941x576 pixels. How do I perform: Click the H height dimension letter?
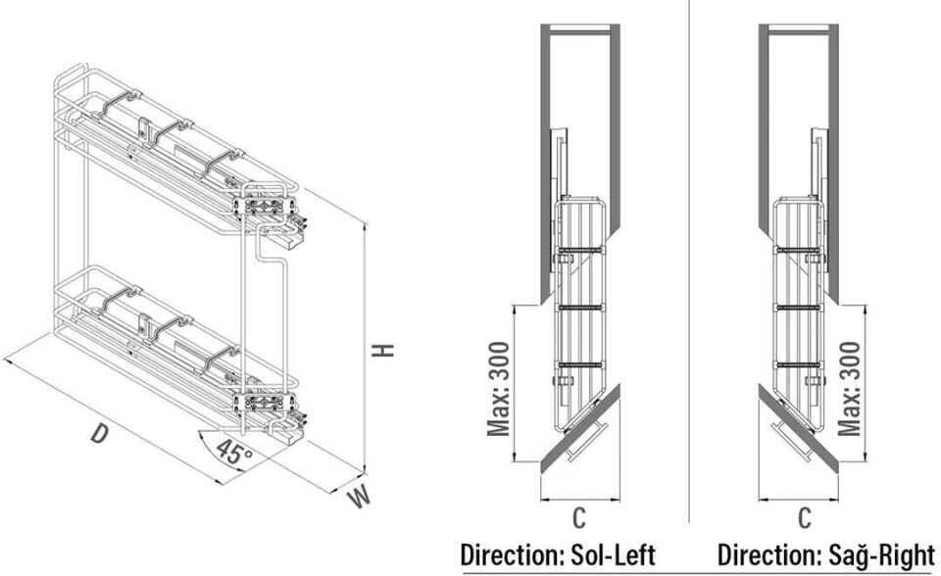pos(382,350)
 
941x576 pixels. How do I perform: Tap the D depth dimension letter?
pos(100,433)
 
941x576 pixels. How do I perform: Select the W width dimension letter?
pos(359,497)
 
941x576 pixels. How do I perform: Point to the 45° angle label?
pos(233,452)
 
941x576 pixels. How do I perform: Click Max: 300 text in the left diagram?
pos(498,389)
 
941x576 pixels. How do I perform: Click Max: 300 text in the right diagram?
pos(849,389)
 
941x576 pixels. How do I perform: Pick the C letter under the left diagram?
pos(578,518)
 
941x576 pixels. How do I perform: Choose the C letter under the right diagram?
pos(804,518)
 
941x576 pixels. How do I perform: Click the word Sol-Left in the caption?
pos(611,555)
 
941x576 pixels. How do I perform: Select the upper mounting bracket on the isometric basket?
pos(264,207)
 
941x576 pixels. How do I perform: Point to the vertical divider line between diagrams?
pos(689,261)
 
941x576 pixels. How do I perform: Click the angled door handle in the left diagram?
pos(588,442)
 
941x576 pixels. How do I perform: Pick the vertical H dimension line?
pos(364,348)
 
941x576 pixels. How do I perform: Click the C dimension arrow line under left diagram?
pos(580,499)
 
